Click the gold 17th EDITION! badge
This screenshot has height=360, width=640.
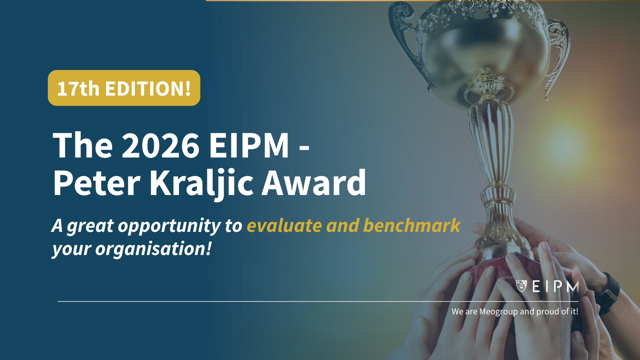click(124, 88)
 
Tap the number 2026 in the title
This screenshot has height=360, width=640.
click(161, 145)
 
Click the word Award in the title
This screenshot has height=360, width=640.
click(314, 182)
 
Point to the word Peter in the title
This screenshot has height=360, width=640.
click(97, 182)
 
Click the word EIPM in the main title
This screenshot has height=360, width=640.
click(249, 145)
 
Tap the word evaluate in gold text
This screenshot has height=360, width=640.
click(284, 226)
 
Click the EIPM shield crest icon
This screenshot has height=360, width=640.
click(521, 286)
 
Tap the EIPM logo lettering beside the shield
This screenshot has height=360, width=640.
click(556, 286)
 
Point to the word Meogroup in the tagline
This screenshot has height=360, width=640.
click(498, 312)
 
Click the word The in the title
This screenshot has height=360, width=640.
click(83, 145)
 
